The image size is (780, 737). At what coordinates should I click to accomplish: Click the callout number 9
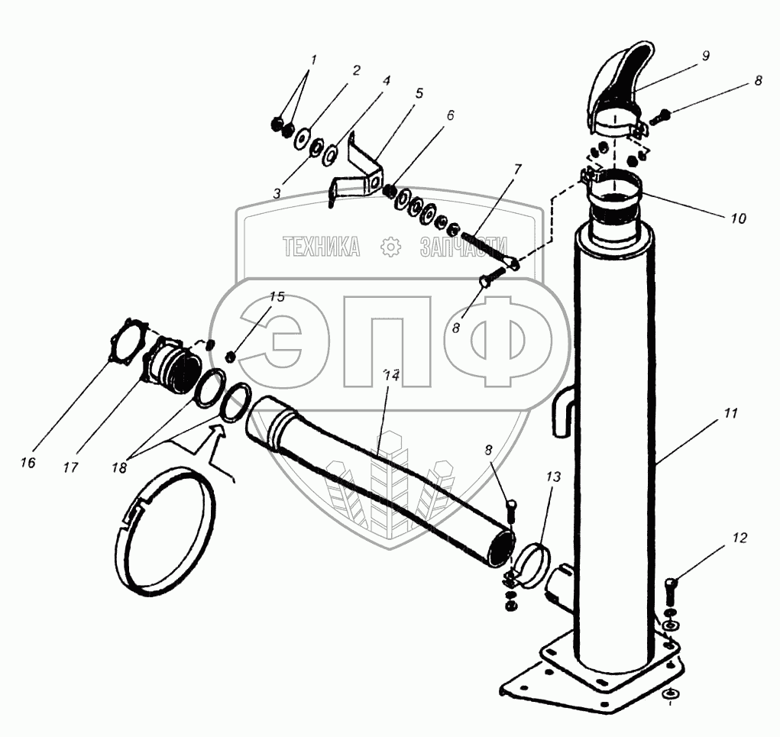(x=705, y=56)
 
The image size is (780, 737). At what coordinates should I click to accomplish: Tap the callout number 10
(x=739, y=218)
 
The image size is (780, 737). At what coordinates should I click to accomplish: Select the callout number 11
(x=730, y=412)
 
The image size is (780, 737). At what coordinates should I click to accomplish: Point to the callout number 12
(x=740, y=538)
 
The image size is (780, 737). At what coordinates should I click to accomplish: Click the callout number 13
(x=553, y=477)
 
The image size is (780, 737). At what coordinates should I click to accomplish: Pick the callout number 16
(x=28, y=463)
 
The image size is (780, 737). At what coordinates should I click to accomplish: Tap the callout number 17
(x=70, y=467)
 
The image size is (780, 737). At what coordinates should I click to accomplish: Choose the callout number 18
(x=119, y=467)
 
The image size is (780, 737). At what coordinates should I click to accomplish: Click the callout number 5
(x=419, y=93)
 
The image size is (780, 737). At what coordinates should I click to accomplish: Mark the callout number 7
(x=517, y=169)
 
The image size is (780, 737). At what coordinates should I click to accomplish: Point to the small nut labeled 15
(x=230, y=356)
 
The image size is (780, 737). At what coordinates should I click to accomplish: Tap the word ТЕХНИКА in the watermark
(x=322, y=247)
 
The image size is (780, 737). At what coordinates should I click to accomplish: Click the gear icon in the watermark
(x=390, y=247)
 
